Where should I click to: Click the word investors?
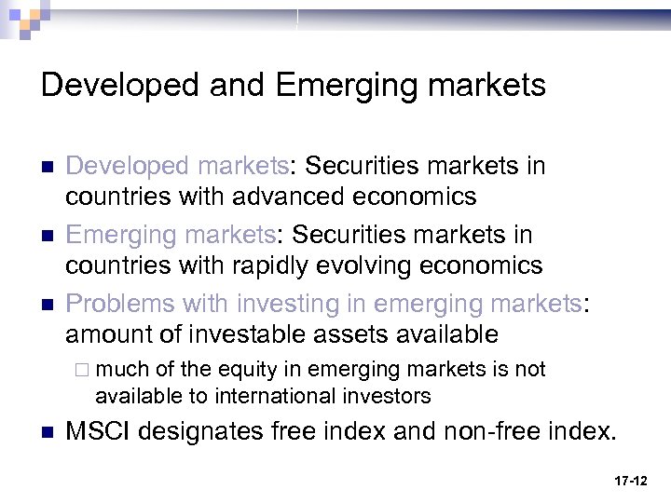click(x=386, y=396)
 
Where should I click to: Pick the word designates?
click(x=208, y=431)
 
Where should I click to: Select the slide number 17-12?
click(x=631, y=481)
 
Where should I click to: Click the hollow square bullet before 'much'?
click(x=84, y=370)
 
